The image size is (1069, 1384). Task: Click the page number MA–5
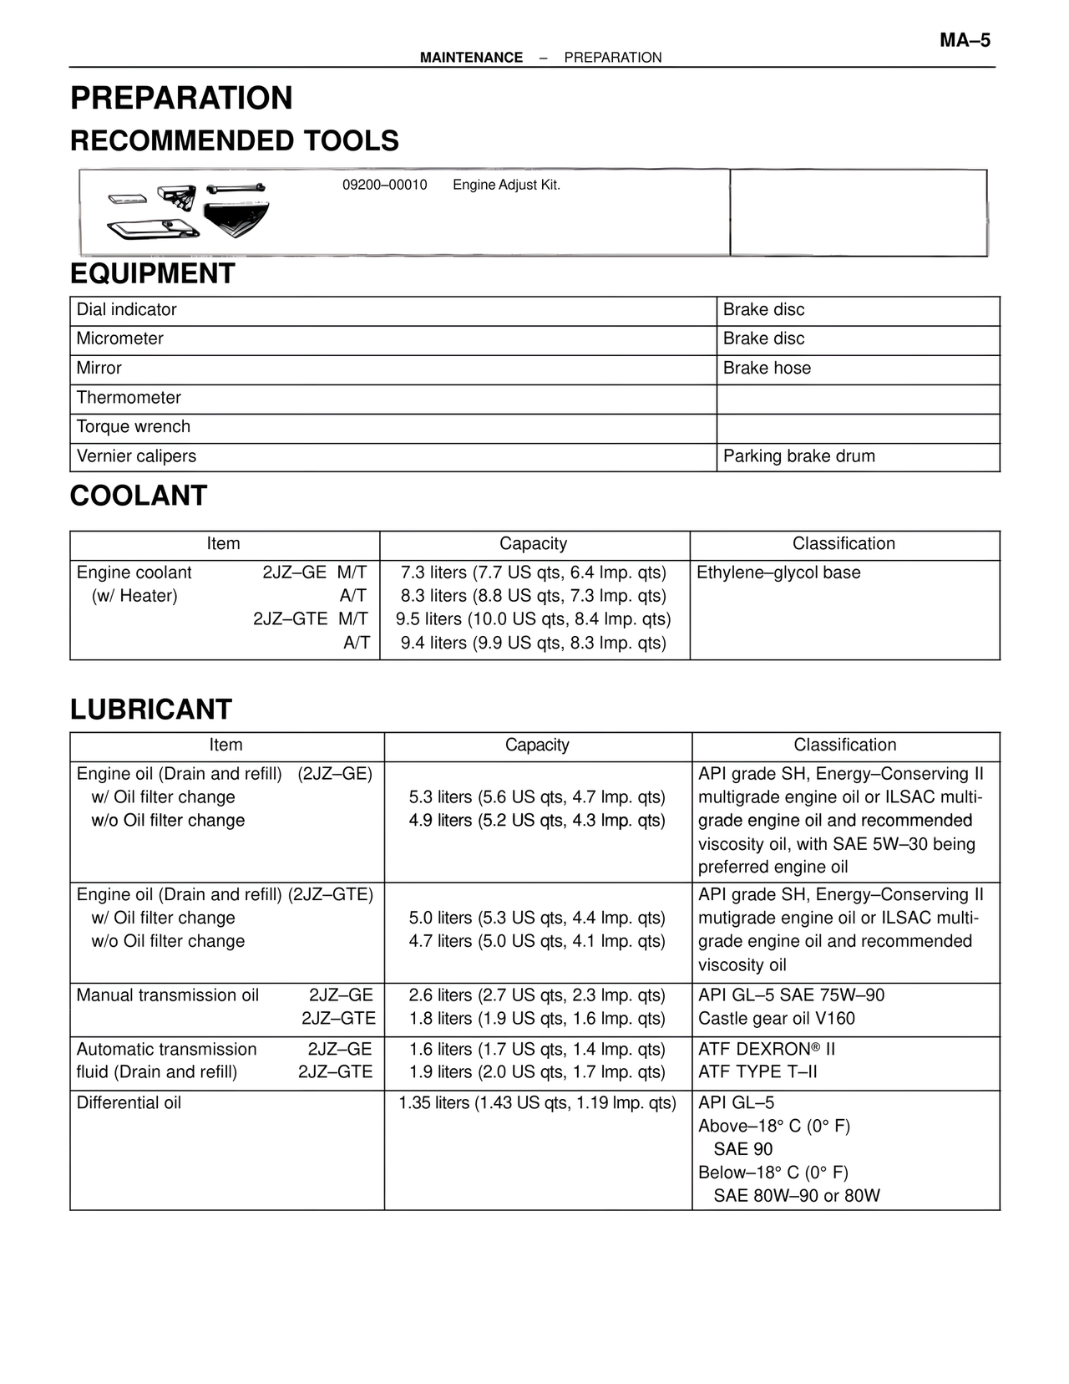965,40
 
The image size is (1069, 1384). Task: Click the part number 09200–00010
384,185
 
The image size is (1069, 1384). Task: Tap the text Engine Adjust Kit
506,185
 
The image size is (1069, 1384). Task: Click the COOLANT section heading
139,496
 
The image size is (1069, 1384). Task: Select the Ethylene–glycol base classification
778,572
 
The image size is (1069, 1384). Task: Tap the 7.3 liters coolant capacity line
533,572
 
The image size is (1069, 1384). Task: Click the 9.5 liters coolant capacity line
533,619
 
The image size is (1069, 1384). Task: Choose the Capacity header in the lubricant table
537,745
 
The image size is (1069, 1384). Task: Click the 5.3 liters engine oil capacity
537,797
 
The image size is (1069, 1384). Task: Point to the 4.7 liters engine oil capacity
537,941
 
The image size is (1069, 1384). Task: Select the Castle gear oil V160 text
777,1019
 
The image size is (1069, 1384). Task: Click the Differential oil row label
129,1103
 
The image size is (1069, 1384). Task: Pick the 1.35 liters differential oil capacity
537,1103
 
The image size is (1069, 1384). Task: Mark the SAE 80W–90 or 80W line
796,1196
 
